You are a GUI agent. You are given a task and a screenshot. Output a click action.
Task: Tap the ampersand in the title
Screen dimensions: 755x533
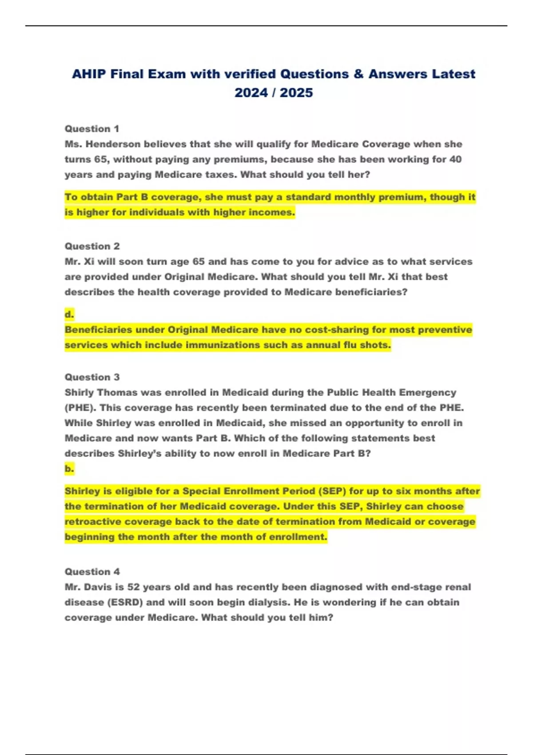(358, 74)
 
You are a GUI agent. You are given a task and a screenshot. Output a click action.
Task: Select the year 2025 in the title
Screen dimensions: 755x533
(296, 92)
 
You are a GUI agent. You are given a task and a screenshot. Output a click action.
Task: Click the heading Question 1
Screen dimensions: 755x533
(92, 129)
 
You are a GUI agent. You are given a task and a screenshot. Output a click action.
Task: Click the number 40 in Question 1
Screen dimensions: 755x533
(455, 159)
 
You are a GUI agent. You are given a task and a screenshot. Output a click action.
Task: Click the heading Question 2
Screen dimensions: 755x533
(92, 246)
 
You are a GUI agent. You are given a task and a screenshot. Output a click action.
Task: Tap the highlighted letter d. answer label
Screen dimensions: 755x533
(69, 314)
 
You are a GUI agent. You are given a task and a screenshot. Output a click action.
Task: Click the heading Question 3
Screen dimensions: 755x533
(92, 377)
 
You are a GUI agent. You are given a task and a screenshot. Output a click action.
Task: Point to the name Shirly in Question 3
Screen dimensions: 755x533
(79, 393)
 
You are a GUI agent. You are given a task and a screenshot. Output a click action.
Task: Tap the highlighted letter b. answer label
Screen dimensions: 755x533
(69, 469)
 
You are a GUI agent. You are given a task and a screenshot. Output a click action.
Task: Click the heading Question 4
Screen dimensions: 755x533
(92, 572)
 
